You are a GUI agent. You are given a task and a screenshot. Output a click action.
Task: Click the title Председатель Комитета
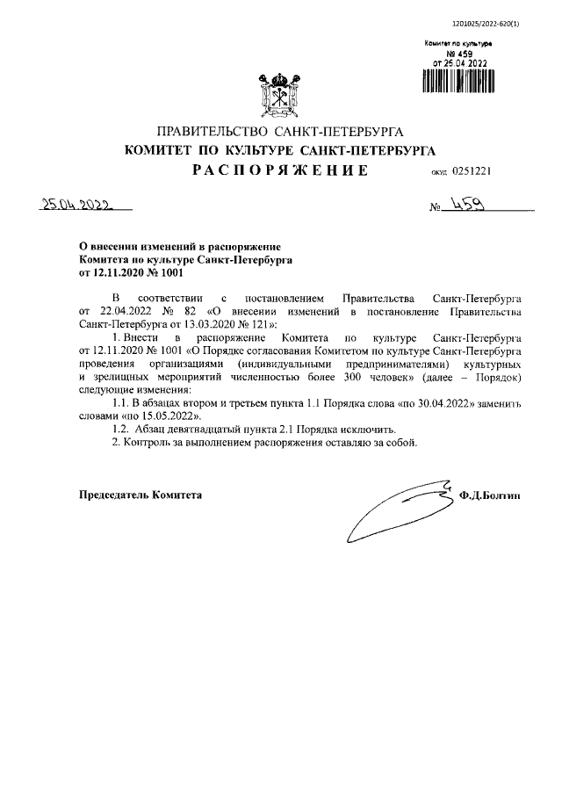pos(140,495)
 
